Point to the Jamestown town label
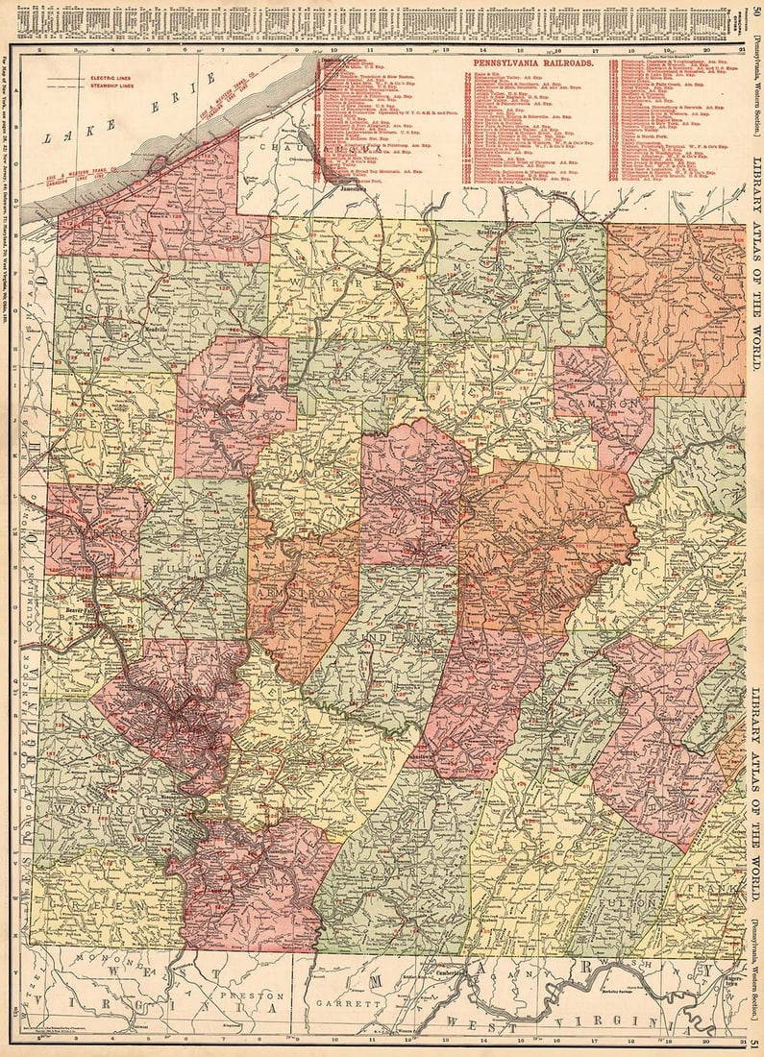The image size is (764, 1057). coord(353,188)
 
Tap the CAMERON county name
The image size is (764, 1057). coord(604,406)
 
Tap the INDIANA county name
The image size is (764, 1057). coord(391,639)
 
